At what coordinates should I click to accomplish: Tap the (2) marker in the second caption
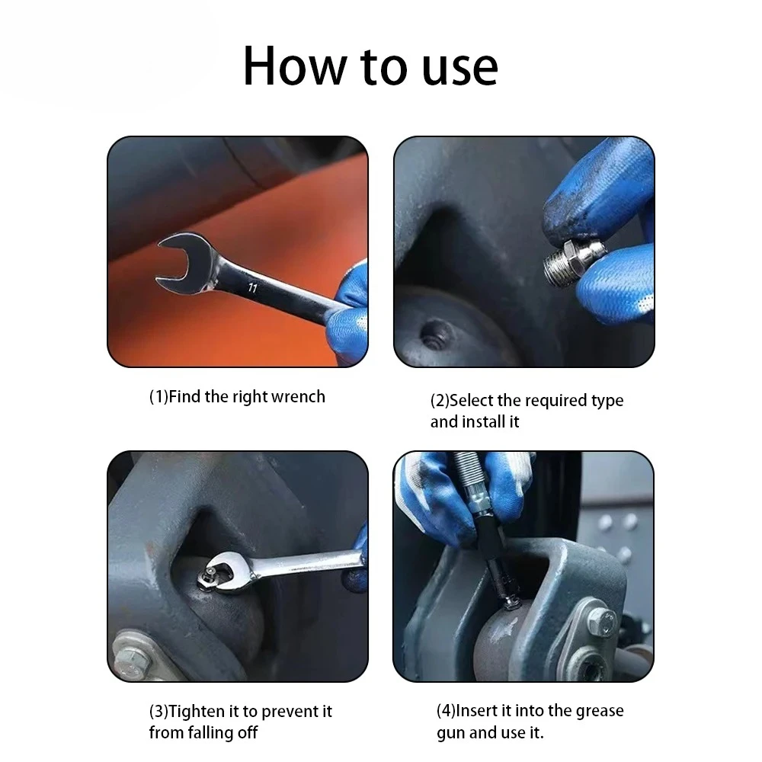tap(440, 401)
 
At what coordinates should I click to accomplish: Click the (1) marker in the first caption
tap(158, 396)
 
